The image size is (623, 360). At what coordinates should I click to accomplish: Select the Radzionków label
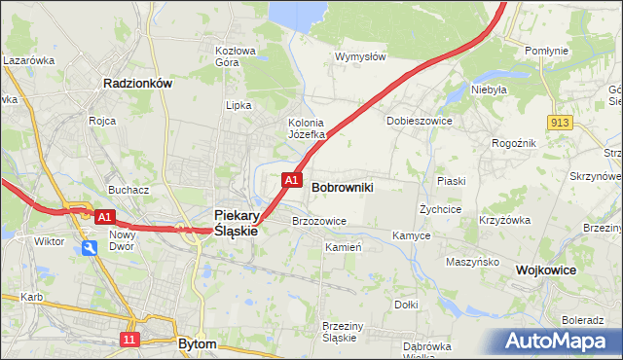(137, 84)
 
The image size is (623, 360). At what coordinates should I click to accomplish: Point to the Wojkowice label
(546, 270)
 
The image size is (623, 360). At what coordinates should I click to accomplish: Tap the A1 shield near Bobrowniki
(290, 180)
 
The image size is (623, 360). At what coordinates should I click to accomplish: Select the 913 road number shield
(559, 122)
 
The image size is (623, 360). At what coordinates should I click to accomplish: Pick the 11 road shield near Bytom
(130, 339)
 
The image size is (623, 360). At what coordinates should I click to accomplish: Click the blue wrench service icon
(90, 249)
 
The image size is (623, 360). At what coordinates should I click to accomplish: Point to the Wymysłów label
(360, 56)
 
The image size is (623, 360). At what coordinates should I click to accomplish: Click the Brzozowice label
(319, 221)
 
